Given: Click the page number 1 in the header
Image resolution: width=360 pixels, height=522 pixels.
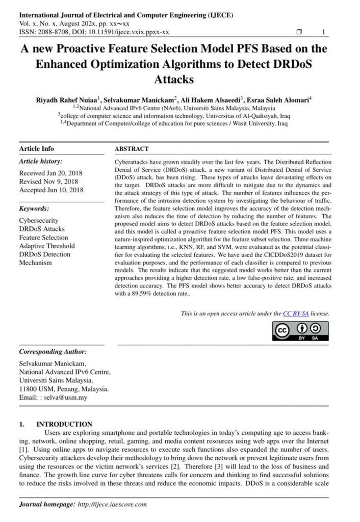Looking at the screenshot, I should pos(324,32).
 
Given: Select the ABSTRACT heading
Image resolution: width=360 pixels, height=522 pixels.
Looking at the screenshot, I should pos(132,149).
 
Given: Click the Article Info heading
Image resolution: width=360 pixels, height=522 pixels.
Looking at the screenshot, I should pos(36,149).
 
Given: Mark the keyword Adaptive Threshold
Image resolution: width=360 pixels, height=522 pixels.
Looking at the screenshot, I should pos(46,246).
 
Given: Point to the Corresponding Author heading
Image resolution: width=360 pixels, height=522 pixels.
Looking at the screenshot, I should pos(53,352).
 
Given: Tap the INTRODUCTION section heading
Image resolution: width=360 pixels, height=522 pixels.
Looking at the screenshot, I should pos(64,424).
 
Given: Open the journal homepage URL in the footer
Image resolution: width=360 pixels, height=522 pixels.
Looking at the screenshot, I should pos(113,504).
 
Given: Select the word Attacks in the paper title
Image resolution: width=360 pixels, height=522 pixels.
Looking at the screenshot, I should pos(174,80).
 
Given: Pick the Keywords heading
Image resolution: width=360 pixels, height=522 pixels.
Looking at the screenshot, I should pos(34,208).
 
